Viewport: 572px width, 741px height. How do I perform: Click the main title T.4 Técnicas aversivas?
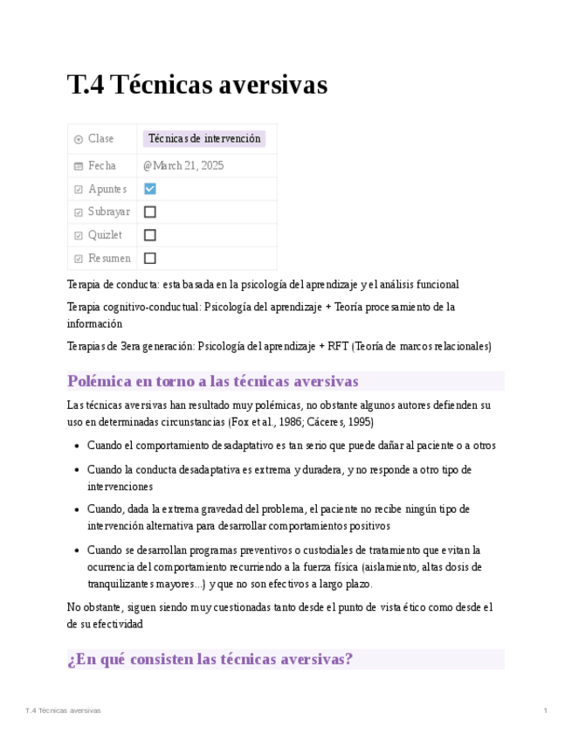[x=196, y=85]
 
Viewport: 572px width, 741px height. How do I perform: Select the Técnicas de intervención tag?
[x=204, y=139]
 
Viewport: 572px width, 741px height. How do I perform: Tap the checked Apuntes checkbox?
[x=150, y=189]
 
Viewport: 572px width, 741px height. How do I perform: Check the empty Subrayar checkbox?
[x=150, y=212]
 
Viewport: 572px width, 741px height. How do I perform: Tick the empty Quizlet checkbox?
[x=150, y=235]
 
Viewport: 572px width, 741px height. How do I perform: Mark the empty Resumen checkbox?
[x=150, y=259]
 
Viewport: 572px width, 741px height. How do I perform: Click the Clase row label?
[x=100, y=139]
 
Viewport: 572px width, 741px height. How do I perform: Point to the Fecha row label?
[x=101, y=166]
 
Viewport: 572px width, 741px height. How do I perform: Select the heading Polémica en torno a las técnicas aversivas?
[x=212, y=382]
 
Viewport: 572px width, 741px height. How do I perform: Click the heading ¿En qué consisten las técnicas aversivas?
[x=210, y=659]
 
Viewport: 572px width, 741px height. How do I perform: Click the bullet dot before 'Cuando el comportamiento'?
[x=76, y=447]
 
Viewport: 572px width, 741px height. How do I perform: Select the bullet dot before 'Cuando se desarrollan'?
[x=76, y=551]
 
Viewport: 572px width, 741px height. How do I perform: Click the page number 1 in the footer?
[x=545, y=711]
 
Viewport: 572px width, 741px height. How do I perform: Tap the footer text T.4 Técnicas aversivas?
[x=64, y=711]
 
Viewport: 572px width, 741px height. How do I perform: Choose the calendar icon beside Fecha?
[x=79, y=166]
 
